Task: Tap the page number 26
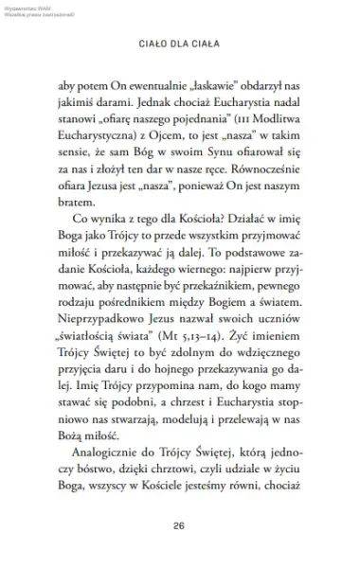point(179,526)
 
